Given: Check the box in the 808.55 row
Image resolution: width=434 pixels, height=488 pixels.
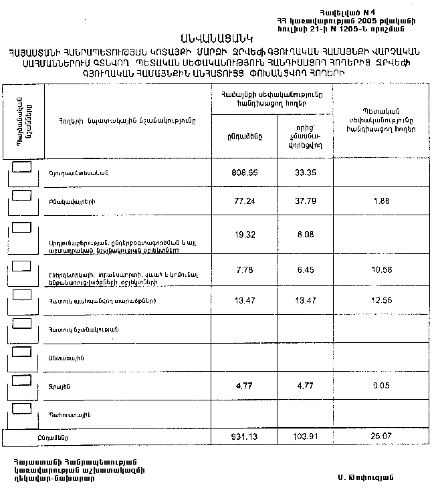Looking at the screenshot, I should (x=22, y=165).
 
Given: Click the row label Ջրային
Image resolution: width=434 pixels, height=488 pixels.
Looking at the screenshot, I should (x=60, y=387).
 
